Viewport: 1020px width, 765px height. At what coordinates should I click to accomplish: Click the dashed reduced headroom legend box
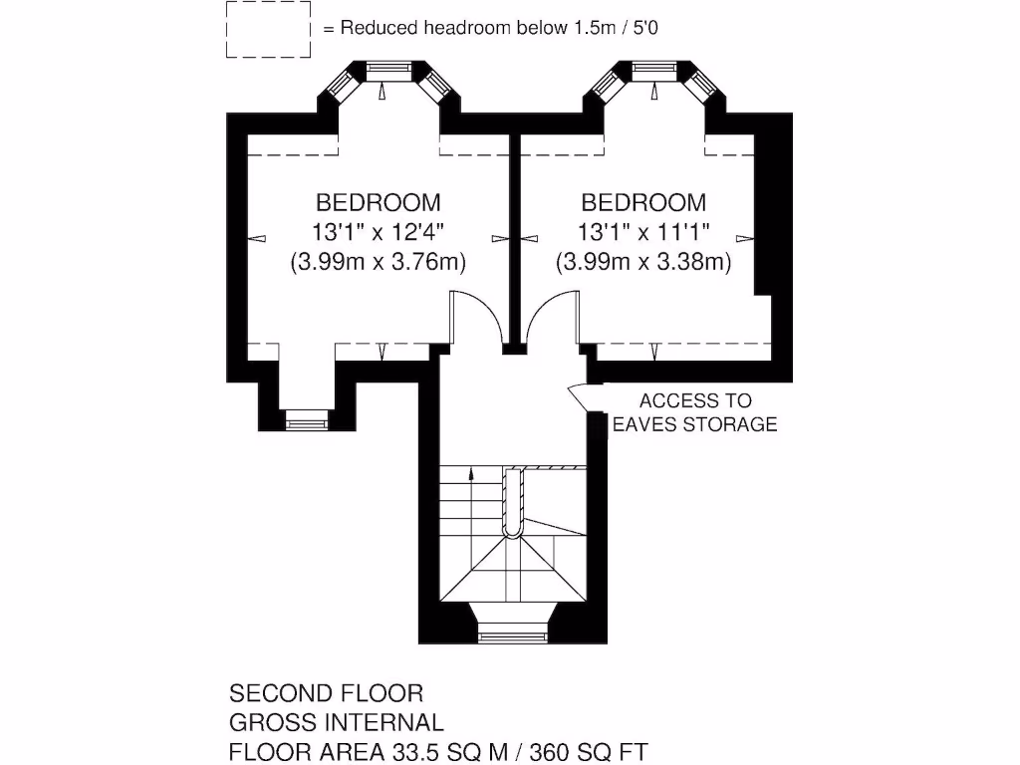pyautogui.click(x=226, y=29)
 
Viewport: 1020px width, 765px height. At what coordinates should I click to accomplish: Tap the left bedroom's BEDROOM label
pyautogui.click(x=378, y=202)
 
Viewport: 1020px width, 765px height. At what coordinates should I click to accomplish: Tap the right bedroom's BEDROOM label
pyautogui.click(x=643, y=202)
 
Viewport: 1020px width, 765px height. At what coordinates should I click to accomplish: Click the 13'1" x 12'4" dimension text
pyautogui.click(x=378, y=231)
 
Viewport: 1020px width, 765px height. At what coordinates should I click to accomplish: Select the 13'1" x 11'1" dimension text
pyautogui.click(x=643, y=231)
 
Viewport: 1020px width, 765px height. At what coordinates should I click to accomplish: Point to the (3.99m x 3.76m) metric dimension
pyautogui.click(x=378, y=262)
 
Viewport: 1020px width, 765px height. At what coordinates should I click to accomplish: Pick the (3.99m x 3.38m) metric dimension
pyautogui.click(x=643, y=262)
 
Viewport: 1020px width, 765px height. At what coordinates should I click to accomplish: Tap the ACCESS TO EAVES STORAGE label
pyautogui.click(x=694, y=412)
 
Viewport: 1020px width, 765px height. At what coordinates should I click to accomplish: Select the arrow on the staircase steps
pyautogui.click(x=471, y=473)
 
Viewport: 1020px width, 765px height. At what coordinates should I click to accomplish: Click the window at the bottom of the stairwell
pyautogui.click(x=511, y=636)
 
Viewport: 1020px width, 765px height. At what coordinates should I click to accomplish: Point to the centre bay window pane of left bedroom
pyautogui.click(x=389, y=71)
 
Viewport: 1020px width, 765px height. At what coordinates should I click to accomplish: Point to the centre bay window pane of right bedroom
pyautogui.click(x=654, y=71)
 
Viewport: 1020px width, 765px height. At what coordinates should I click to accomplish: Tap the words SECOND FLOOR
pyautogui.click(x=326, y=693)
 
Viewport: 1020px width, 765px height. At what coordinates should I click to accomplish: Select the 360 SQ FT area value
pyautogui.click(x=589, y=752)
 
